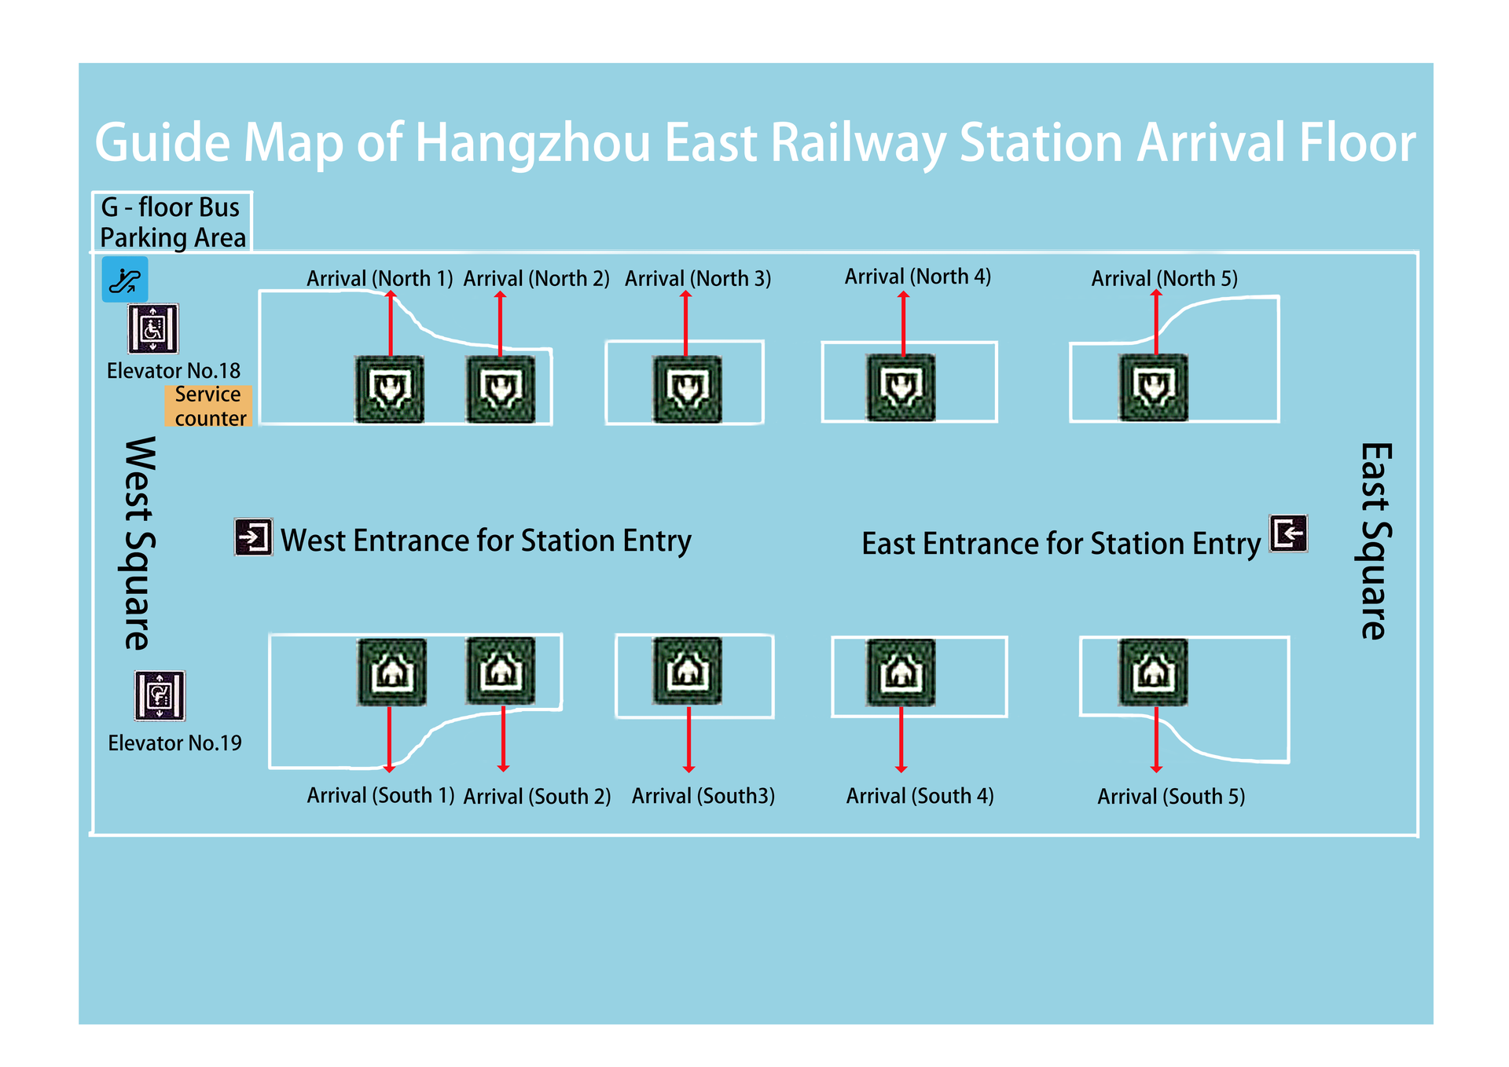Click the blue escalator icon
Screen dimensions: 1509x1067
tap(125, 280)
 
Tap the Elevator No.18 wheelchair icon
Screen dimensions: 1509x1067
tap(153, 328)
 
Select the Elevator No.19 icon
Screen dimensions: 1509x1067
tap(160, 695)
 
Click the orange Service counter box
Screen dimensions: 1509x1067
tap(209, 406)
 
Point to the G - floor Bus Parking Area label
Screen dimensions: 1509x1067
tap(173, 222)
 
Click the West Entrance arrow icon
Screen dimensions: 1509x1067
tap(254, 537)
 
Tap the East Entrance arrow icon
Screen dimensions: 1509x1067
tap(1289, 533)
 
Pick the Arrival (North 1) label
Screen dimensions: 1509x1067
tap(380, 279)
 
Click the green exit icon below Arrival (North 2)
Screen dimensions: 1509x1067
tap(501, 389)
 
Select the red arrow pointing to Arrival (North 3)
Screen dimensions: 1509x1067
tap(685, 324)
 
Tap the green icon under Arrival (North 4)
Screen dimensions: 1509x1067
tap(901, 387)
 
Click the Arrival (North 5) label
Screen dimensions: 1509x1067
tap(1164, 279)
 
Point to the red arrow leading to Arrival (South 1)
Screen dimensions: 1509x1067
tap(389, 739)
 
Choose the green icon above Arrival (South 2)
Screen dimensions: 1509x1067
tap(501, 671)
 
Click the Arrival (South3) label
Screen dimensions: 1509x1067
tap(703, 796)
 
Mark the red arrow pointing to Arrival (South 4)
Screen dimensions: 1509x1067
tap(901, 739)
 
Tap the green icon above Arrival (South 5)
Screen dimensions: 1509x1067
tap(1154, 672)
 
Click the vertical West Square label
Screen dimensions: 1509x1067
tap(140, 544)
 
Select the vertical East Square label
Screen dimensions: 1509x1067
tap(1375, 541)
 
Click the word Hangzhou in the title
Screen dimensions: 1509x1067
tap(533, 145)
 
